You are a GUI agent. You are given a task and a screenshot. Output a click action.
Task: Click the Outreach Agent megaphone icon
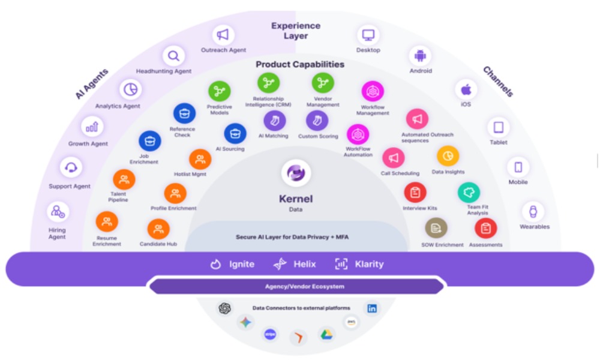(223, 35)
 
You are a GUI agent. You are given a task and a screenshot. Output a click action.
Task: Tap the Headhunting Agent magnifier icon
(173, 56)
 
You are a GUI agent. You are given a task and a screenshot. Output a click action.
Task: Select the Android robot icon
(420, 56)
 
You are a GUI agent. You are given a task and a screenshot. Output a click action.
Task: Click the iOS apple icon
(466, 90)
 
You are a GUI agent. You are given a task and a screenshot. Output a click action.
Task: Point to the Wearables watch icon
(532, 211)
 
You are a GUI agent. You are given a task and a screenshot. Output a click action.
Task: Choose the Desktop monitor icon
(368, 35)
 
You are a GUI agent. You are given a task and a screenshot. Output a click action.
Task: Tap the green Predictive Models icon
(220, 91)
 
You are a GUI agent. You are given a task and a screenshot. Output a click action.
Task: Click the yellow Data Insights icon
(448, 157)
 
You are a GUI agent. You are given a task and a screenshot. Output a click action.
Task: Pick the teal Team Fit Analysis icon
(469, 192)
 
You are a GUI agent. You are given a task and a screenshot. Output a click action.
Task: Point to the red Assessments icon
(485, 228)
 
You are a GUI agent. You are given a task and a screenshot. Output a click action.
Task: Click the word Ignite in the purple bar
(241, 264)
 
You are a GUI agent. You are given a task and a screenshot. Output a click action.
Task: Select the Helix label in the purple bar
(304, 264)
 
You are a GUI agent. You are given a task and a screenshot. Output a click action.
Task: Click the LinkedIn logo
(372, 308)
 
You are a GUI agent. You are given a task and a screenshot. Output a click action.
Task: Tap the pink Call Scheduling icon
(394, 158)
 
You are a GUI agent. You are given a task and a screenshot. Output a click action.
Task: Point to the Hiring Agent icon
(58, 212)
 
